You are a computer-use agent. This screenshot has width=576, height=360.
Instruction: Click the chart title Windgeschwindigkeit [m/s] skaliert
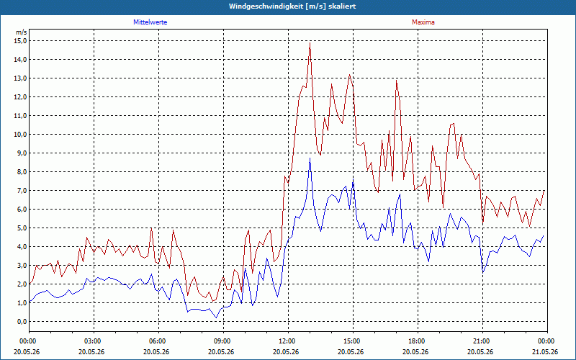coord(292,6)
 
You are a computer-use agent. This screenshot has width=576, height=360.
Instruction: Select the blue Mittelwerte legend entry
coord(150,22)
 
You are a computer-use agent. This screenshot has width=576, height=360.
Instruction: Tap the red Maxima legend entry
coord(423,22)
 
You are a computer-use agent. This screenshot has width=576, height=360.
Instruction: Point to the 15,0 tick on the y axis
coord(20,41)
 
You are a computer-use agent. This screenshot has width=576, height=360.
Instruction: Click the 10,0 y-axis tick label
coord(20,135)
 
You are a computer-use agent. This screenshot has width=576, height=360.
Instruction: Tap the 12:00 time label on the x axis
coord(289,341)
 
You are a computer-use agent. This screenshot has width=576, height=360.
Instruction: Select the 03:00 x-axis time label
coord(94,341)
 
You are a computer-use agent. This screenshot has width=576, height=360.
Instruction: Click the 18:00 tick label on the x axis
coord(418,341)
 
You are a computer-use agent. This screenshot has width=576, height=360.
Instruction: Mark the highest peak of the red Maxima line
coord(310,43)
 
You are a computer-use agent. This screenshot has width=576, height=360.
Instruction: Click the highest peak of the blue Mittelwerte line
coord(310,158)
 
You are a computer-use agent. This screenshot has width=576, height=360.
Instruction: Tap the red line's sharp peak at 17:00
coord(397,81)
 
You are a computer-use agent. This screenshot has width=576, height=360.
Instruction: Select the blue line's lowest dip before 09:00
coord(216,318)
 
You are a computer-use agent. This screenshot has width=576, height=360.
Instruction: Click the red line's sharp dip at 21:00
coord(482,224)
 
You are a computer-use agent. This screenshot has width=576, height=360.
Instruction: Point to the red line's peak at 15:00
coord(349,75)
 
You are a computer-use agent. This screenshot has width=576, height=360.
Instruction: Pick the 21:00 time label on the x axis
coord(482,341)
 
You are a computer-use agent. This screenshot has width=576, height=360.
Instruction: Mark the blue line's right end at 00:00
coord(544,236)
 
